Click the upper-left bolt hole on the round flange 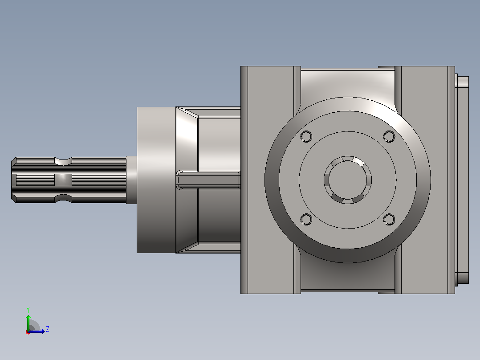306,136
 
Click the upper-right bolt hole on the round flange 389,136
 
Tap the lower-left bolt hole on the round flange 306,219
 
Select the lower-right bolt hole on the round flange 389,219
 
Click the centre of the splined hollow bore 348,180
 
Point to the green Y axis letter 28,310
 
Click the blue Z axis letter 48,329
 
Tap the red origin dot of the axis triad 28,332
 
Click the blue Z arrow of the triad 37,331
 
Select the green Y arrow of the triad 28,323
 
